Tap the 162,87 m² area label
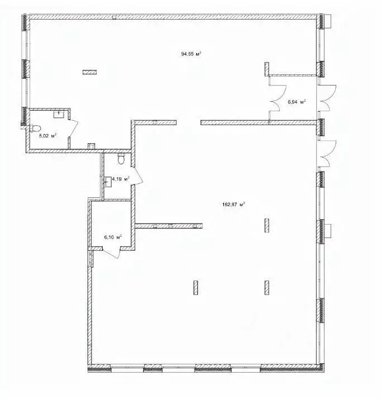click(233, 205)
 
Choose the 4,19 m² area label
click(121, 179)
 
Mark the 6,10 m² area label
click(113, 236)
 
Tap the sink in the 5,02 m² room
click(58, 113)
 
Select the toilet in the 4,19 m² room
click(121, 160)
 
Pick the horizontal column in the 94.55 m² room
click(89, 72)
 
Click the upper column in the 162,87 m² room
click(267, 225)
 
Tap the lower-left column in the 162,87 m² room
click(195, 287)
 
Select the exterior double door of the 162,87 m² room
click(326, 150)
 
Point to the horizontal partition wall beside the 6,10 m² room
click(168, 226)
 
